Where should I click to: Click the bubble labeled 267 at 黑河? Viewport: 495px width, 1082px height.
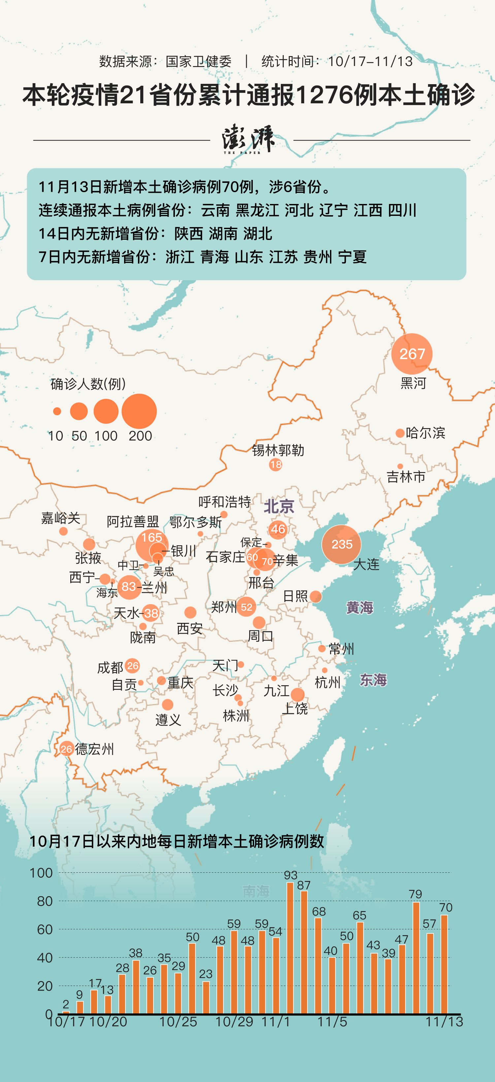[x=412, y=354]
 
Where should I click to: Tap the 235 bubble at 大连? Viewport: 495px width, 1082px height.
[x=341, y=544]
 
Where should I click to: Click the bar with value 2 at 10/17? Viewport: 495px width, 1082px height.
[x=66, y=1011]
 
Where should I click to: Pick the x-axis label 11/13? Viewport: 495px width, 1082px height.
[x=444, y=1022]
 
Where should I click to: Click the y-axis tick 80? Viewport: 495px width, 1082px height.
[x=45, y=901]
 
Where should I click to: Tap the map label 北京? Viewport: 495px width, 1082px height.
[x=279, y=506]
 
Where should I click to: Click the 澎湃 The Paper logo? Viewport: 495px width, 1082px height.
[x=248, y=139]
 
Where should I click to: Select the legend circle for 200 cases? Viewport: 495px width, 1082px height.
[x=139, y=411]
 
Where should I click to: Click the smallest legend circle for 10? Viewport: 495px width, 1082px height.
[x=57, y=411]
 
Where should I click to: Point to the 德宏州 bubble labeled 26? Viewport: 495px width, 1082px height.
[x=66, y=749]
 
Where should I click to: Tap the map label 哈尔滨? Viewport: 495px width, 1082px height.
[x=425, y=433]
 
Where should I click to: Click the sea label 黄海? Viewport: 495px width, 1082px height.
[x=359, y=607]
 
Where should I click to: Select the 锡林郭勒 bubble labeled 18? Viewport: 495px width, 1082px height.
[x=276, y=464]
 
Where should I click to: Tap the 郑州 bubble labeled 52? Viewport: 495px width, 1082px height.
[x=247, y=607]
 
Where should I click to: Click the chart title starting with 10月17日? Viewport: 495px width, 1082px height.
[x=176, y=841]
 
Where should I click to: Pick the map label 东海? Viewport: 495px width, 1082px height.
[x=373, y=680]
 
